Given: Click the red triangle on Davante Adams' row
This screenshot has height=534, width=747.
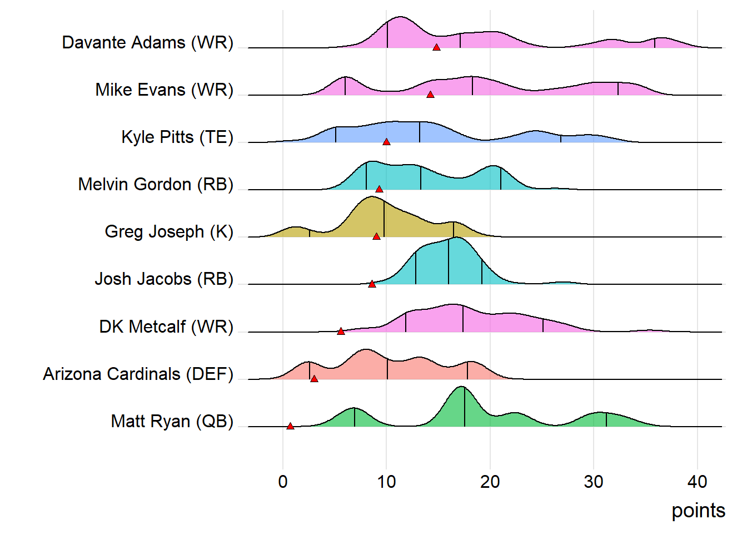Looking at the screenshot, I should [437, 48].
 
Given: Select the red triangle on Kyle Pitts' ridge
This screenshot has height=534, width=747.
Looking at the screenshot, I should [386, 142].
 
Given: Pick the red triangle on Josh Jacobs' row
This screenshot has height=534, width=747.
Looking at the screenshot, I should [372, 284].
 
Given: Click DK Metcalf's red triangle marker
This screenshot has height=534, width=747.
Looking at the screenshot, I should [341, 332].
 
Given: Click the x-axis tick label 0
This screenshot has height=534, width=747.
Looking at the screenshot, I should [283, 482].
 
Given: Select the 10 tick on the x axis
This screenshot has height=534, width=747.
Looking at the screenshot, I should [386, 482].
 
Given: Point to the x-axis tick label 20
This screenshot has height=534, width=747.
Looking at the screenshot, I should [490, 482].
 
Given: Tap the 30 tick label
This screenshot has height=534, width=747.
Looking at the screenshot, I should [594, 482].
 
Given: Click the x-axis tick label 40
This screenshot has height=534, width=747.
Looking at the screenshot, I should [697, 482].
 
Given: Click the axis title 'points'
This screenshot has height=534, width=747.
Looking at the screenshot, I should [698, 511].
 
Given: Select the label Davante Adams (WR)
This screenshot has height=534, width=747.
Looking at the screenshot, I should [148, 43].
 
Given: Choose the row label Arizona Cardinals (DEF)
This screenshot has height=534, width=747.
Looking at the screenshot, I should [138, 374].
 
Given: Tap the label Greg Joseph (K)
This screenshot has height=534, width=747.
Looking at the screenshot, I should [169, 231].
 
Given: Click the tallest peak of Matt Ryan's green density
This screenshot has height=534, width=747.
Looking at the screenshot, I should [461, 387].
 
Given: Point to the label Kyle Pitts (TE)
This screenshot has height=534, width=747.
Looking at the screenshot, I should [177, 137].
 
